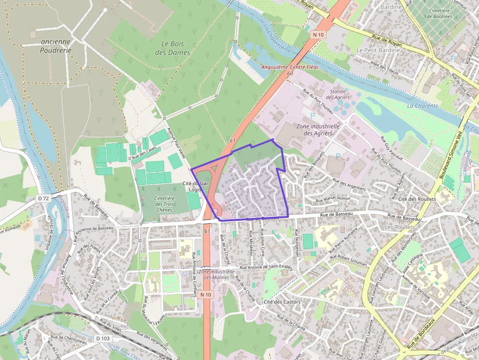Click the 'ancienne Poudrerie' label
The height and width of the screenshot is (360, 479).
coord(56,46)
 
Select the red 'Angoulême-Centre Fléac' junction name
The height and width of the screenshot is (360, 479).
coord(290,67)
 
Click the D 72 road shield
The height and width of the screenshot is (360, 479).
coord(44,199)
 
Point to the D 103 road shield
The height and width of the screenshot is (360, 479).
coord(103,339)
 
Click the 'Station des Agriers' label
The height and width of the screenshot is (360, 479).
coord(337,94)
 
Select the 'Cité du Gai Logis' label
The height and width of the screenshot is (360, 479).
coord(192,186)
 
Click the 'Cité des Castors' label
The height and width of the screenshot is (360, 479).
coord(282,302)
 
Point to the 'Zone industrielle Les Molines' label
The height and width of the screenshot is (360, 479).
coord(213,274)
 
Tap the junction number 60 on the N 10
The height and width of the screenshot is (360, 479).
coord(290,73)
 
